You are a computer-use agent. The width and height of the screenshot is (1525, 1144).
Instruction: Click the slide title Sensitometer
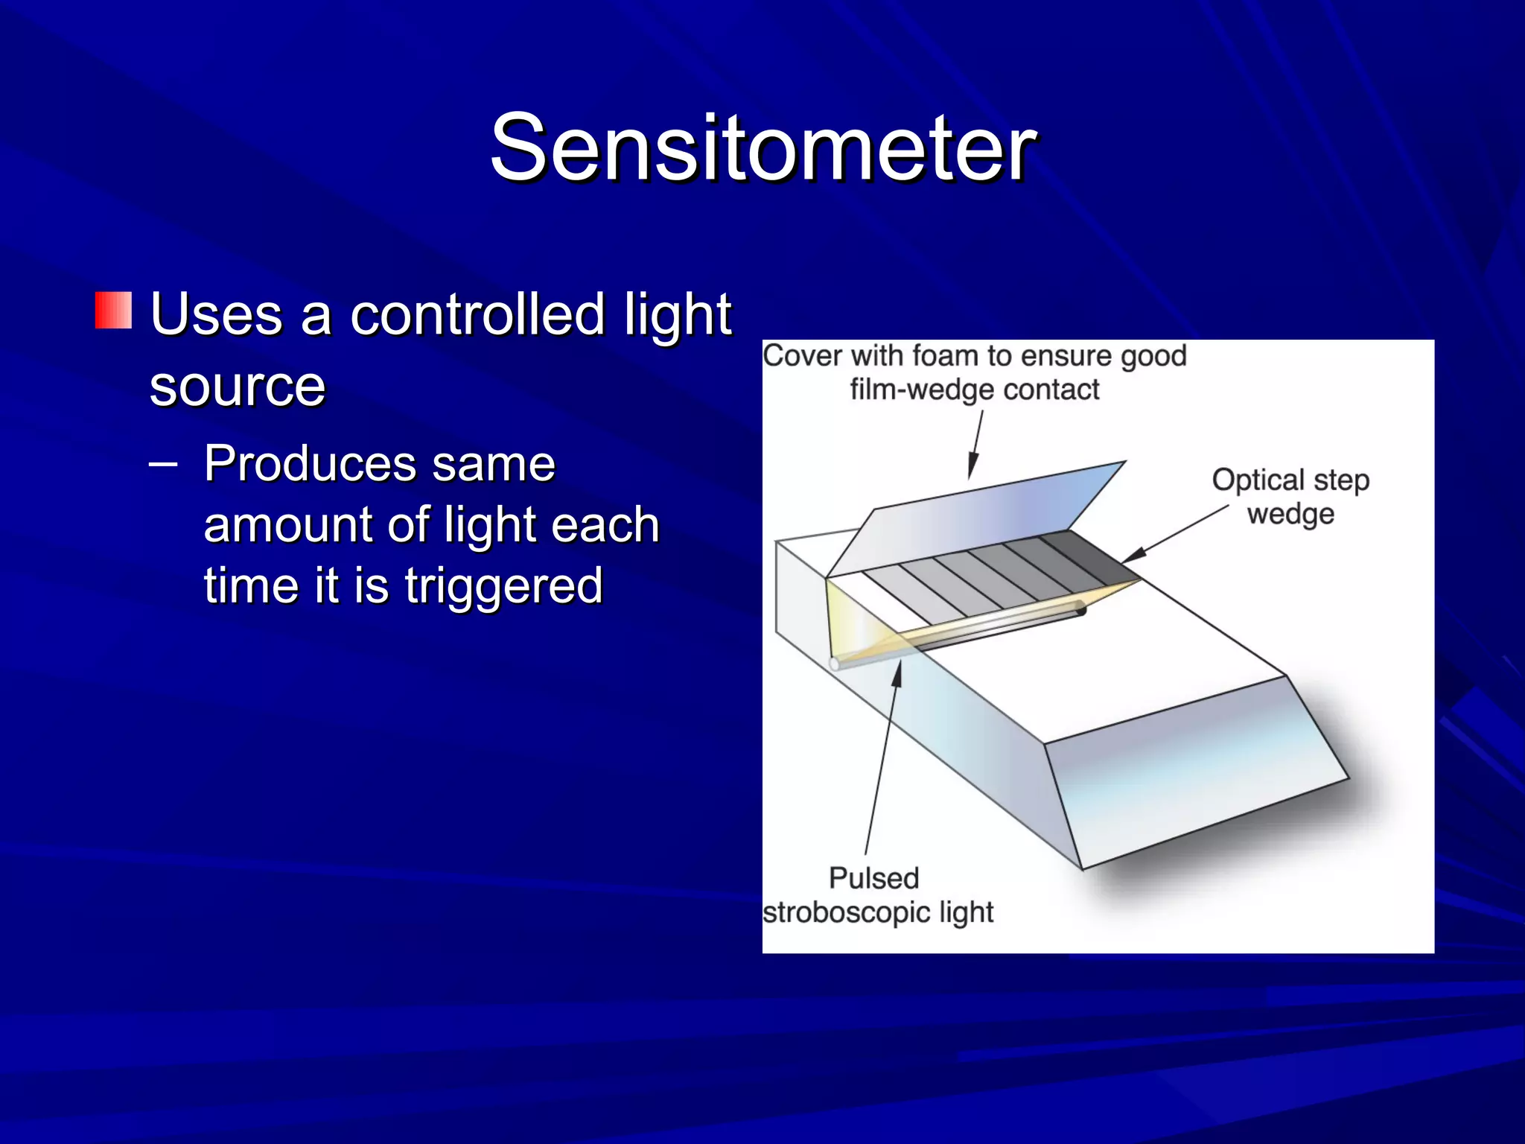click(x=762, y=147)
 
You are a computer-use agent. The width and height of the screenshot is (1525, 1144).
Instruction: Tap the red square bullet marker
click(x=113, y=311)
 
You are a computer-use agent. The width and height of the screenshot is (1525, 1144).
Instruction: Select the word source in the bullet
click(x=238, y=387)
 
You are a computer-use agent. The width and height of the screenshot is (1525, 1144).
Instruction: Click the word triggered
click(x=503, y=585)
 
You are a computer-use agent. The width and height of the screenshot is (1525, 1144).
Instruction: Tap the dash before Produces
click(x=163, y=463)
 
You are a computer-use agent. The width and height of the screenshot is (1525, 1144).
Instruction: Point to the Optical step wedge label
click(x=1290, y=496)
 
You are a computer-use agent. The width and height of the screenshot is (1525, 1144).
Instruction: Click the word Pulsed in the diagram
click(x=874, y=878)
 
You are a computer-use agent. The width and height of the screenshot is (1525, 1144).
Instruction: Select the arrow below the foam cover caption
click(x=976, y=445)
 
